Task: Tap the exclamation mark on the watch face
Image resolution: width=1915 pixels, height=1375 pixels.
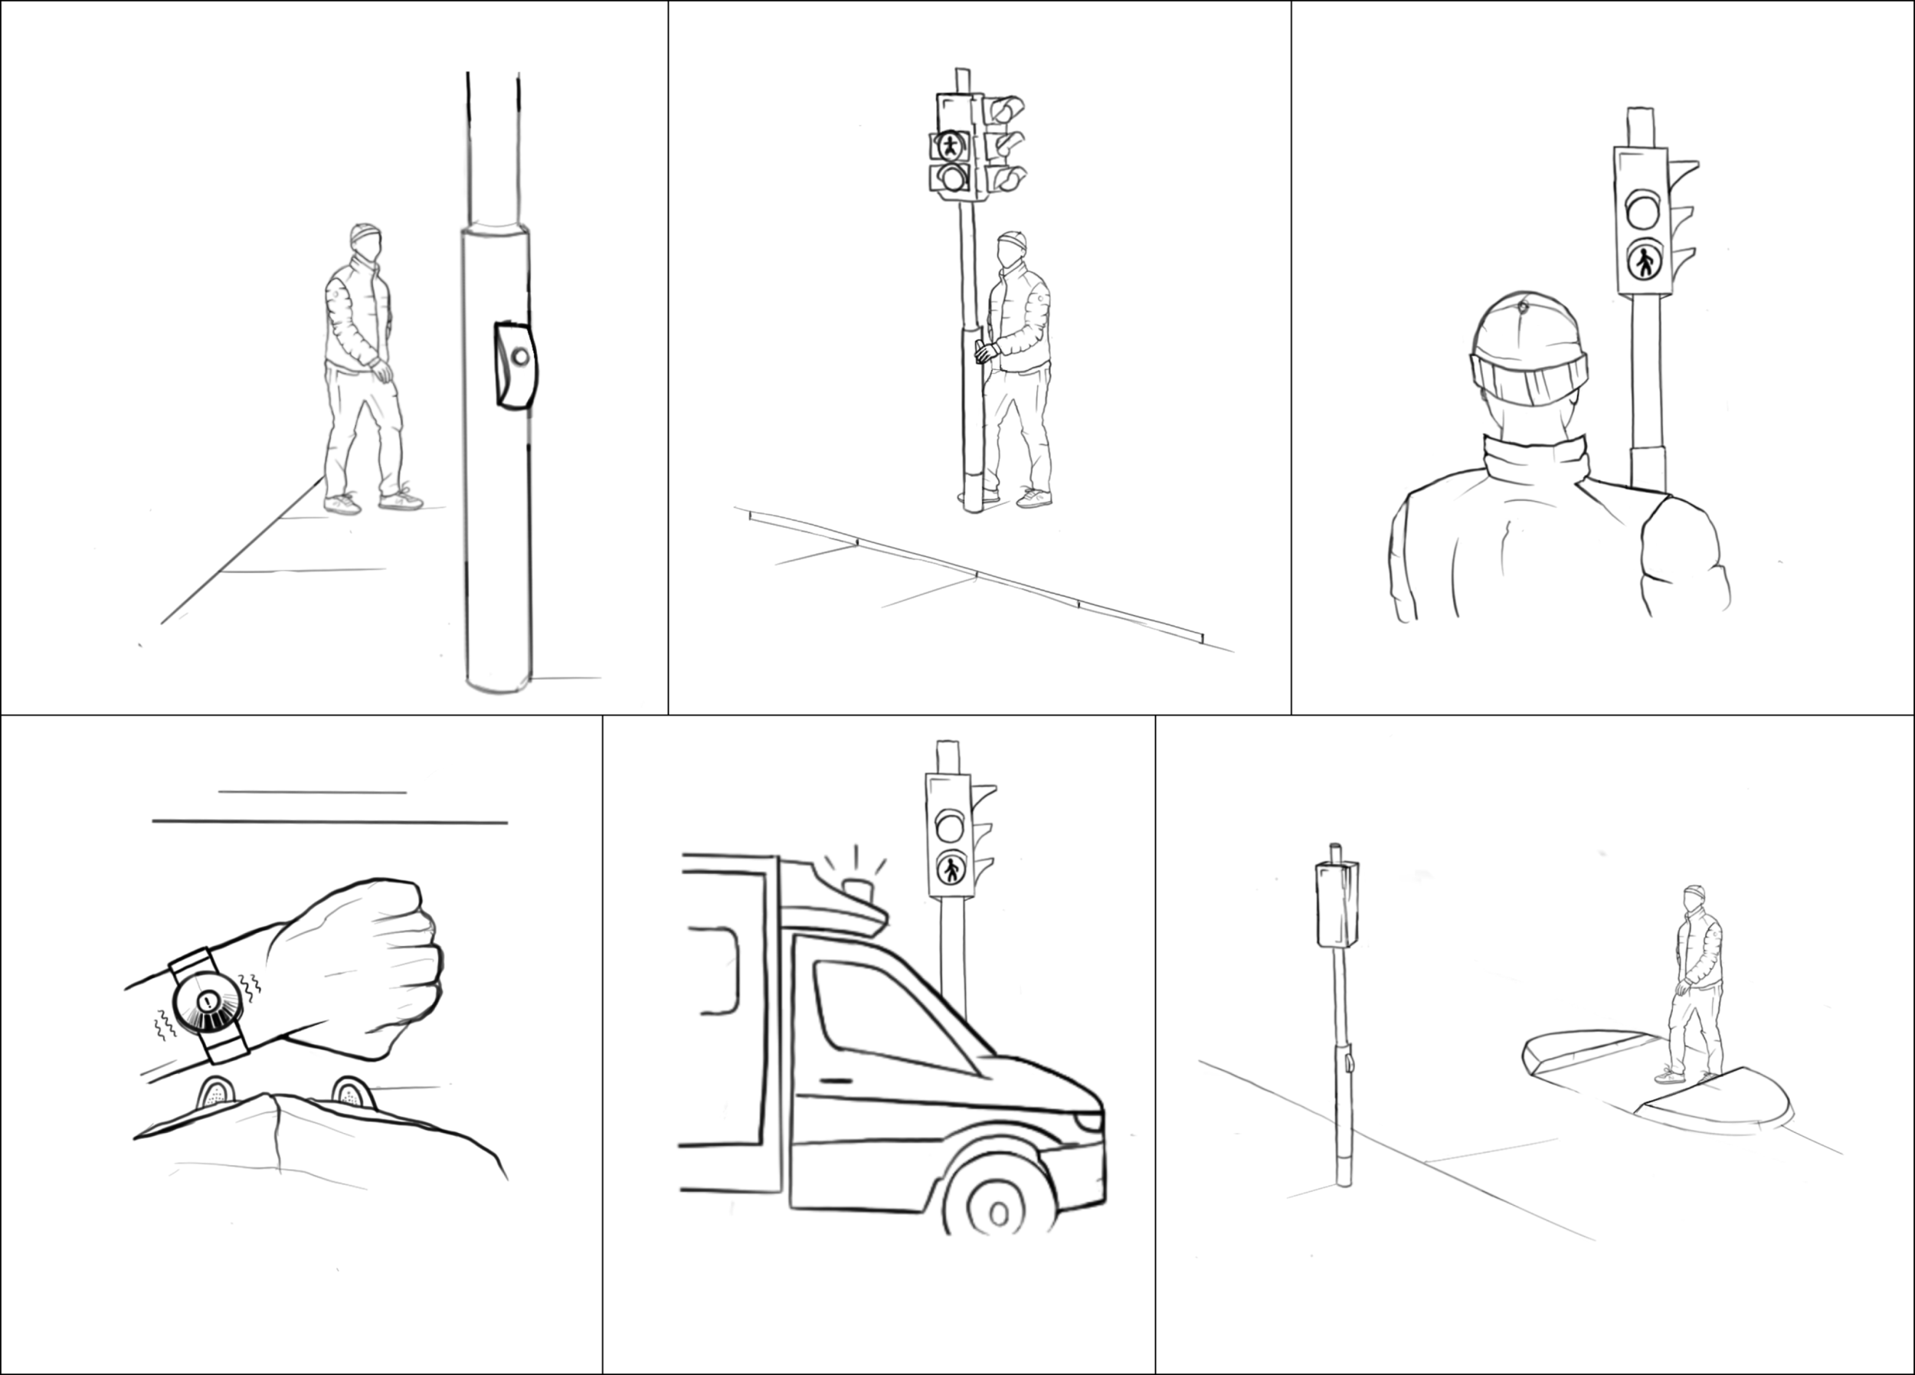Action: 208,1003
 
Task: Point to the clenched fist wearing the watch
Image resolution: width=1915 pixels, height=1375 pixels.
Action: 363,963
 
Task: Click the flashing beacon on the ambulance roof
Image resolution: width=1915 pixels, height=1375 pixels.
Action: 858,889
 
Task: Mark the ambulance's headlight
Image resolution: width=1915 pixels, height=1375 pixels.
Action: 1089,1121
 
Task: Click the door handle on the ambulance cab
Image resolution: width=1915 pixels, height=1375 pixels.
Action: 836,1081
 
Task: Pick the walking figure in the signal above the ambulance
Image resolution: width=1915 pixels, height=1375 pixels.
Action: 951,869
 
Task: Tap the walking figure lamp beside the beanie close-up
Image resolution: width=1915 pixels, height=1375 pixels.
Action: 1645,262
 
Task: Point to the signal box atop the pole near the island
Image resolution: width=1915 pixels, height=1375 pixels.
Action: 1337,904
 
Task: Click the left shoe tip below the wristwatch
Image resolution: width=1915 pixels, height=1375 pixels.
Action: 215,1095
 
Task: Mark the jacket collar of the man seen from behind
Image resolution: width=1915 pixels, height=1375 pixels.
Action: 1535,460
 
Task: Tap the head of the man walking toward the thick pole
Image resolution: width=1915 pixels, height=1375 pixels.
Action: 365,238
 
